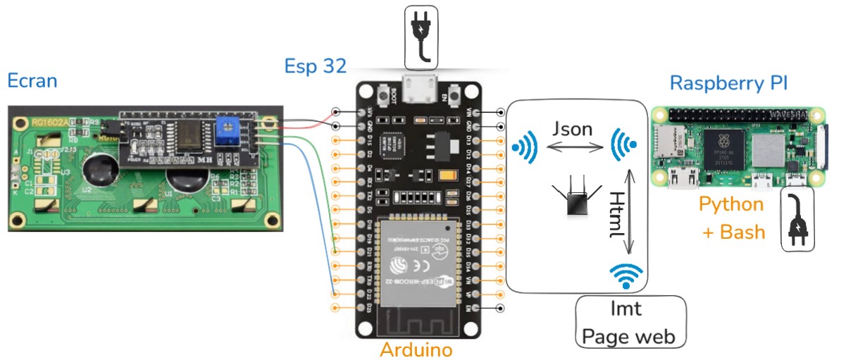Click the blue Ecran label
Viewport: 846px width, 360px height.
pos(32,80)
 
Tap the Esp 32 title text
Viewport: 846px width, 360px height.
pos(315,66)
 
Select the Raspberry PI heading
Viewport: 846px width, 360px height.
pos(728,83)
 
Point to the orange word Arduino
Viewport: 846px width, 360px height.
pos(416,349)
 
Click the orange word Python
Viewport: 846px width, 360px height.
pos(731,204)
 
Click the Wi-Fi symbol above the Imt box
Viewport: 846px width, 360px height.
pos(626,275)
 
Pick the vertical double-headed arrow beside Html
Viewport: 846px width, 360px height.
pos(630,211)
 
